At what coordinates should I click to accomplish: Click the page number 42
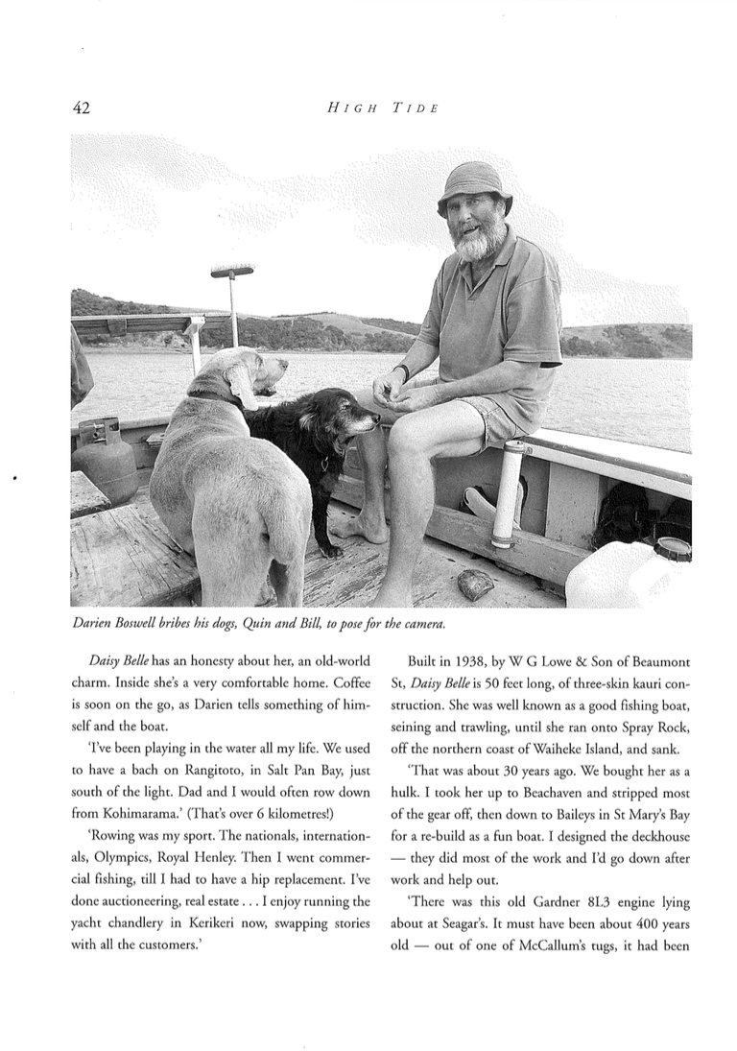pyautogui.click(x=81, y=107)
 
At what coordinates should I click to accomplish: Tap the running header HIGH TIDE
pyautogui.click(x=382, y=108)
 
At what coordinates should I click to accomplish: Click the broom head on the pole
pyautogui.click(x=232, y=273)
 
